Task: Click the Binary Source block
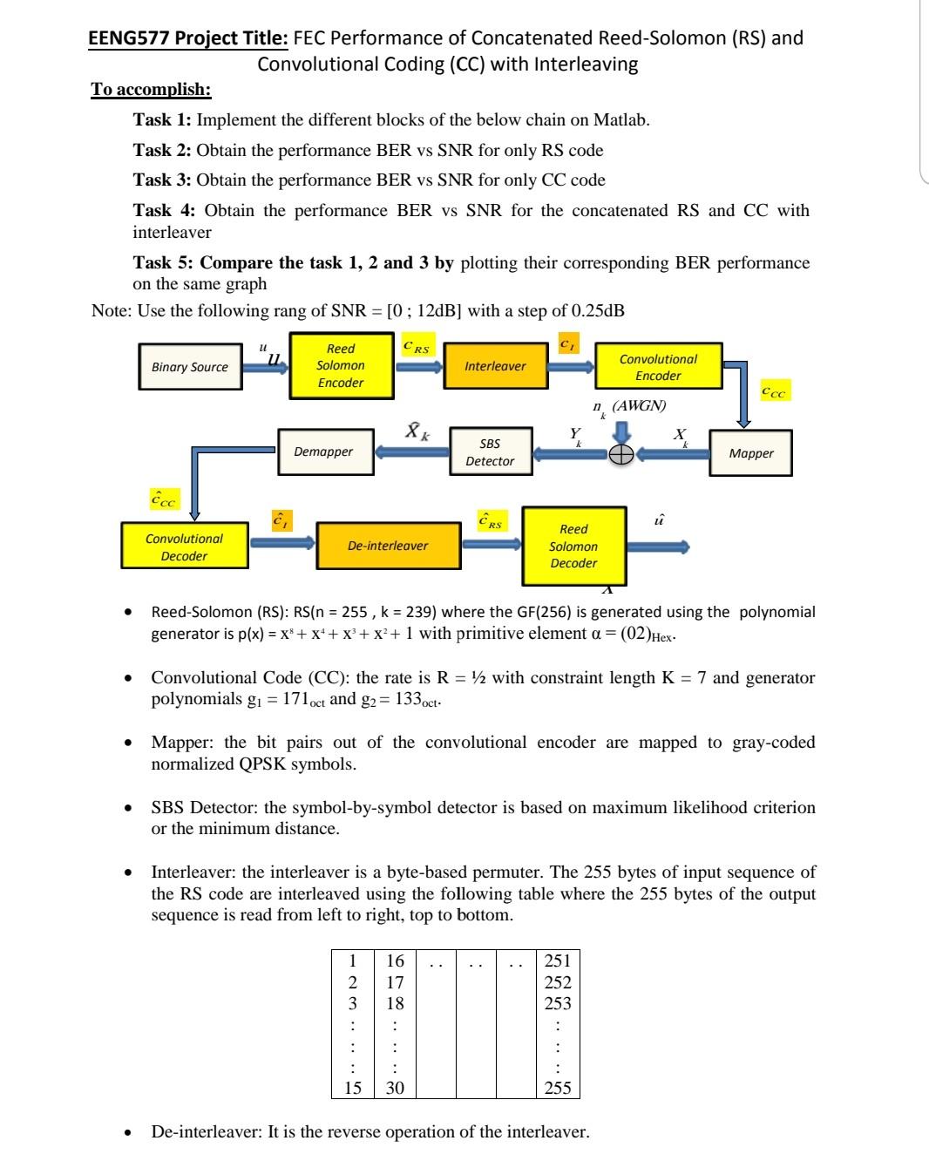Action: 190,367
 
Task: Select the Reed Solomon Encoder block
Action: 340,366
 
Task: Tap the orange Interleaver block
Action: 495,366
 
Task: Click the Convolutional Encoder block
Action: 658,367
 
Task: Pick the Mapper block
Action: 750,453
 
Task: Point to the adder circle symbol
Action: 620,455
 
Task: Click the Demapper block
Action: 324,451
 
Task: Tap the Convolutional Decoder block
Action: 184,547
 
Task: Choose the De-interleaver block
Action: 388,546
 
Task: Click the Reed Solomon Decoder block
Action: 573,547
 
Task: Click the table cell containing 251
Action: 557,961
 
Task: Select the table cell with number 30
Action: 395,1087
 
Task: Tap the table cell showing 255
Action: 557,1087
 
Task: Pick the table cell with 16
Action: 395,961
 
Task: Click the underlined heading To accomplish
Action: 151,90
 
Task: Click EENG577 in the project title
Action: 127,38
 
